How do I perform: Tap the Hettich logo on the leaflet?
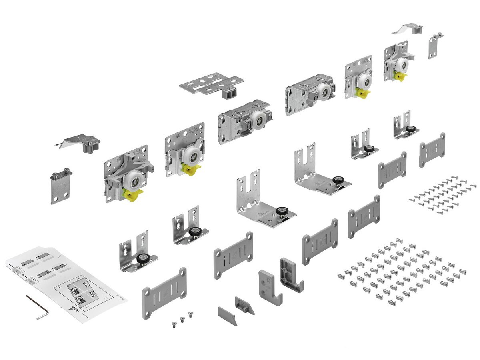click(x=73, y=308)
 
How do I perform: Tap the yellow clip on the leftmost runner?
click(x=132, y=196)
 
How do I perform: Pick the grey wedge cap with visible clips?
click(x=244, y=306)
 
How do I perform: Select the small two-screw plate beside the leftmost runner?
click(x=61, y=186)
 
